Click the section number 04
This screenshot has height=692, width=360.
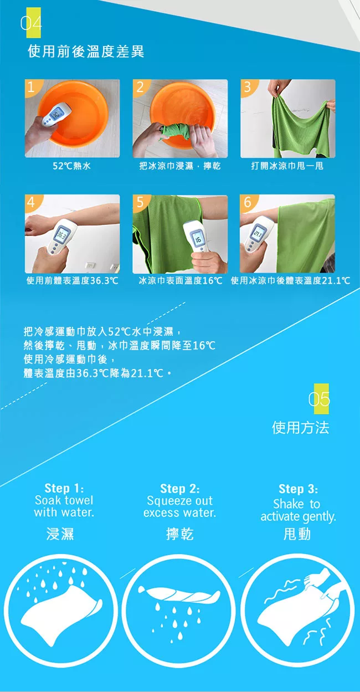[31, 23]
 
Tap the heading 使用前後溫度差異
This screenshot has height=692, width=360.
[86, 52]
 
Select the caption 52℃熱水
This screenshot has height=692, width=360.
[71, 166]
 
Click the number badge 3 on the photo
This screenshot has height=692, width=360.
[248, 87]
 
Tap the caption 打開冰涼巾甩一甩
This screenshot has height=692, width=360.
[287, 166]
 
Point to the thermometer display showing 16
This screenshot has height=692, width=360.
[198, 239]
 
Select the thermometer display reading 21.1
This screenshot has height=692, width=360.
[258, 233]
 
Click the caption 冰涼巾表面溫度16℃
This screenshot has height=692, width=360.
[181, 280]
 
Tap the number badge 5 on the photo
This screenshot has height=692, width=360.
[140, 202]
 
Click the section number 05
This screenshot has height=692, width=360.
[319, 399]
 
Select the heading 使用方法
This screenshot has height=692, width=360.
[300, 428]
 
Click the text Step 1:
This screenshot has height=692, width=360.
[64, 488]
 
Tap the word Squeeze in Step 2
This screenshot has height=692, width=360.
[167, 501]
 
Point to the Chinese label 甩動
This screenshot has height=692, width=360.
[297, 534]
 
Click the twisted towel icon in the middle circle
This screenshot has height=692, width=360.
[179, 593]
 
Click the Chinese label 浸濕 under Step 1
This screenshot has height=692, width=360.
[60, 534]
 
